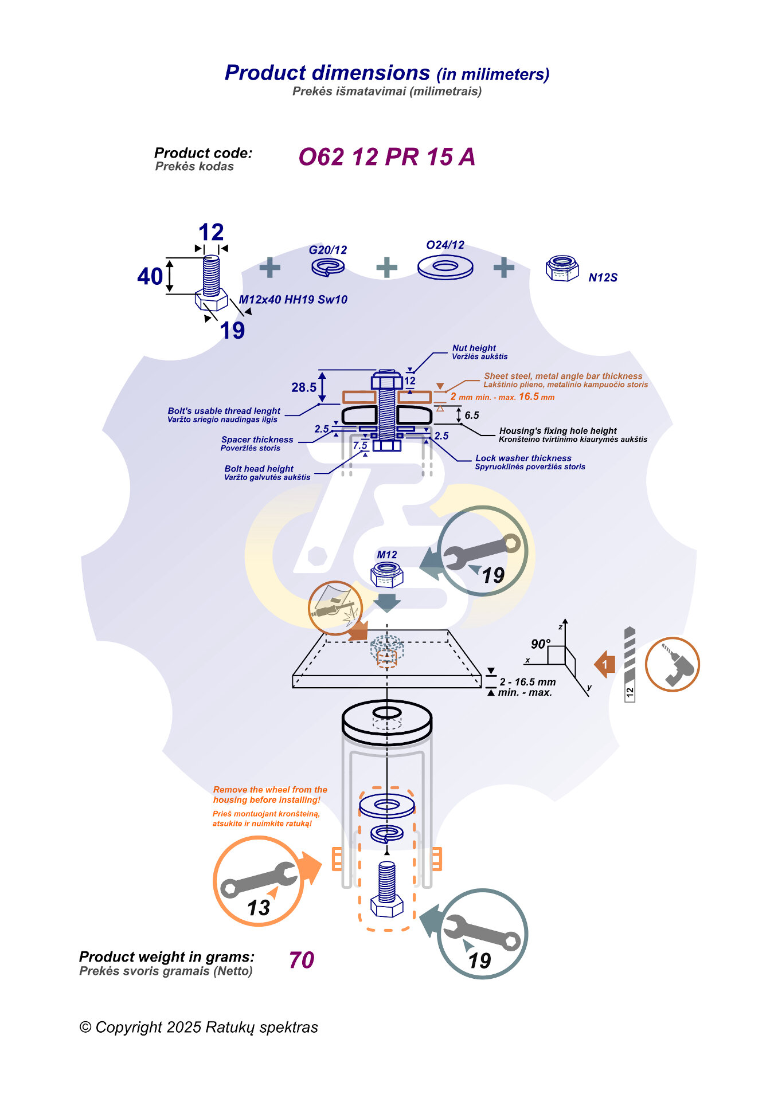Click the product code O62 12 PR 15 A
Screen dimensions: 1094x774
[x=386, y=157]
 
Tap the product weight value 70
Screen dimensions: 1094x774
[x=302, y=960]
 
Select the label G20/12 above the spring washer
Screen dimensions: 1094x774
[x=328, y=250]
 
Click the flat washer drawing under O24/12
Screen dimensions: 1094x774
[x=445, y=267]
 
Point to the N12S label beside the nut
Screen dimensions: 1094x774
[x=603, y=278]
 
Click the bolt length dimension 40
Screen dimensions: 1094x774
[x=150, y=277]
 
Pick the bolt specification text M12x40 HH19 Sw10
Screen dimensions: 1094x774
[x=293, y=300]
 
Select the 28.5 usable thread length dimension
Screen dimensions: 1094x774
[x=304, y=387]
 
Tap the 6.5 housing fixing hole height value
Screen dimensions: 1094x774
[x=472, y=415]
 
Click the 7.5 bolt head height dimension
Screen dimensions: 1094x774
[x=360, y=445]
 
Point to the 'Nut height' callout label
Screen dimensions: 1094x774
[x=474, y=348]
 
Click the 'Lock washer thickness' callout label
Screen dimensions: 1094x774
[x=523, y=458]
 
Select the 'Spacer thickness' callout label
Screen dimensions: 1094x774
[x=257, y=440]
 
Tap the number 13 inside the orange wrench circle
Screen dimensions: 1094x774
[x=259, y=908]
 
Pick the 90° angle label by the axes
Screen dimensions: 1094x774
[x=540, y=644]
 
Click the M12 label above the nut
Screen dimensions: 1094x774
[x=387, y=555]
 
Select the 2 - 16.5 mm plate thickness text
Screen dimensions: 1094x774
[x=527, y=682]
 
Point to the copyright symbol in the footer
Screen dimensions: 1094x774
[x=85, y=1028]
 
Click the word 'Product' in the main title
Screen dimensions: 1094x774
[x=265, y=73]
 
